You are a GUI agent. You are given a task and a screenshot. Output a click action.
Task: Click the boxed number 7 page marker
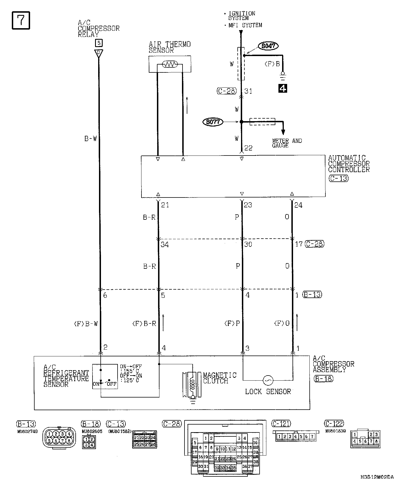21,20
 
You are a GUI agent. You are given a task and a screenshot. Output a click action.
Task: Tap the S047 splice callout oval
268,46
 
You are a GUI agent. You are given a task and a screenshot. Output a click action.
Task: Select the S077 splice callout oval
213,122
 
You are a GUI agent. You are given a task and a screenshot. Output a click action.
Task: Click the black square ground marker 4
282,88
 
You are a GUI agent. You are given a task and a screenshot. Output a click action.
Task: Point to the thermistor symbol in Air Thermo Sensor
170,65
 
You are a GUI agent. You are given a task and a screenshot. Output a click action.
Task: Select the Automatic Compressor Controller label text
349,164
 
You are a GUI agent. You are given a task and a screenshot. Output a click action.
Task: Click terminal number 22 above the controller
248,148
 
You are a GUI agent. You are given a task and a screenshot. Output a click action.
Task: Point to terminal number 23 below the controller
248,205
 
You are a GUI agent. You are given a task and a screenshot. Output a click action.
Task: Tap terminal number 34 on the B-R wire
165,245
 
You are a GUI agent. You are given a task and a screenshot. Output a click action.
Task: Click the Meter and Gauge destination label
287,143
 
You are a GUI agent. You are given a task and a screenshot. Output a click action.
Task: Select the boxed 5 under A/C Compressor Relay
98,43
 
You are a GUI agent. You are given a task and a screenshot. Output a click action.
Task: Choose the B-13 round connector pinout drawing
59,438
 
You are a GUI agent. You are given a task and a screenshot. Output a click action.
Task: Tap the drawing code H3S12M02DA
377,477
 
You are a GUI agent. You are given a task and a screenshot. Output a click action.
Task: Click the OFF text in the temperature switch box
112,384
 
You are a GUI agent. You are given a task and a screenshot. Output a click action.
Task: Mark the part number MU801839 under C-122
336,431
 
